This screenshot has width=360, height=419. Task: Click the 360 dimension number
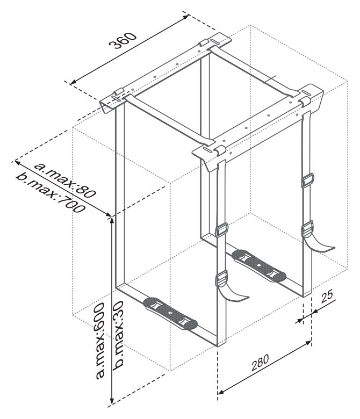(123, 41)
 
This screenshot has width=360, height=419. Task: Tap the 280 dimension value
(261, 363)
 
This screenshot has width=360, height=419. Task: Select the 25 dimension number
(327, 297)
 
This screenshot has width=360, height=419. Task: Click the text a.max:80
(64, 180)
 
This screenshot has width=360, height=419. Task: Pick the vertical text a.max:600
(100, 341)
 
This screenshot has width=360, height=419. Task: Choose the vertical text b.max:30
(118, 335)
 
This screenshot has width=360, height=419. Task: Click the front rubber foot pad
(170, 313)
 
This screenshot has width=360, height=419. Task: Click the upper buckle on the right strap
(307, 180)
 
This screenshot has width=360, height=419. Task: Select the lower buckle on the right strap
(307, 228)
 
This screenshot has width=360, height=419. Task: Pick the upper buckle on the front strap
(221, 229)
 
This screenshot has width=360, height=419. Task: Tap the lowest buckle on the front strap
(221, 278)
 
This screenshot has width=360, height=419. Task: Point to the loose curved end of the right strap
(321, 244)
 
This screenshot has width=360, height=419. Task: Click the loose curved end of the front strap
(234, 294)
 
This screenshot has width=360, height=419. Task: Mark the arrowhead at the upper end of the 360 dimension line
(186, 17)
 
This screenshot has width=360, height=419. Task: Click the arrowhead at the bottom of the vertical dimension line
(112, 400)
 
